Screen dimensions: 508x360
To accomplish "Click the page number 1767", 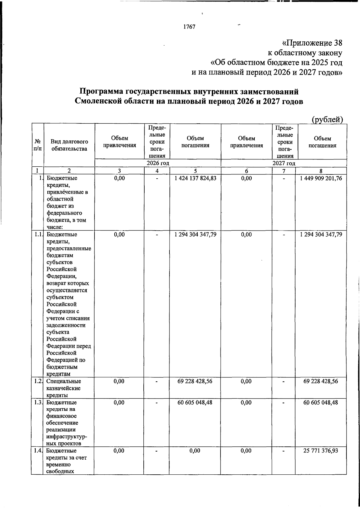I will point(189,27).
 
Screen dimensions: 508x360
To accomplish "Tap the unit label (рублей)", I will point(327,119).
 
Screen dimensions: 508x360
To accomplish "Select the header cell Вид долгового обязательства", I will point(69,145).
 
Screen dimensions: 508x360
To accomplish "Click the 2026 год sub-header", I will point(158,163).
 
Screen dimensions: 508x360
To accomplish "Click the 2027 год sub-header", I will point(283,163).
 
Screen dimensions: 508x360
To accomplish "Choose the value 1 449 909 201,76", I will point(321,178).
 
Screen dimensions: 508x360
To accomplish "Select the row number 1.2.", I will point(37,381).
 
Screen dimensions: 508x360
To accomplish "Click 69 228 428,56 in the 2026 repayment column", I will point(195,381).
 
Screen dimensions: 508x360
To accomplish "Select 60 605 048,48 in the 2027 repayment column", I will point(321,402).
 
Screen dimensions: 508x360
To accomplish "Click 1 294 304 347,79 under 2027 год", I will point(321,234).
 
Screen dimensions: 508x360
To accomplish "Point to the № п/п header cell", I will point(37,145).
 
